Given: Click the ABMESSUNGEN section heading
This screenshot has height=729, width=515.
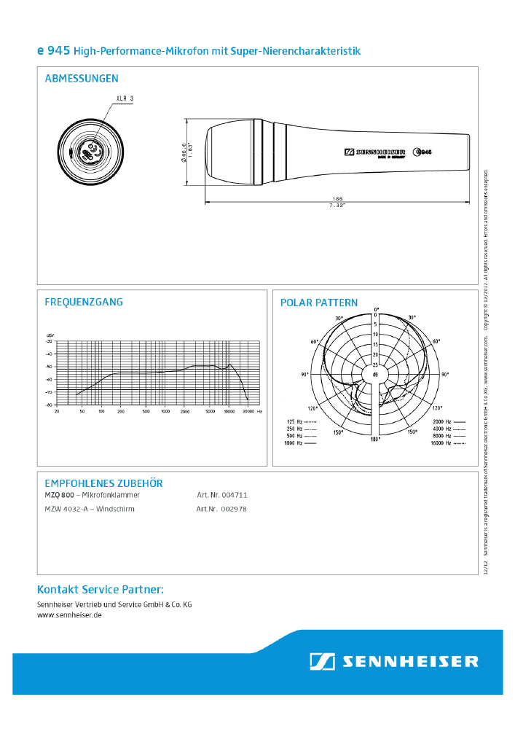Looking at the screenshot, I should click(x=82, y=79).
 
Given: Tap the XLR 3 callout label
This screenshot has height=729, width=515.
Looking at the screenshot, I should click(x=125, y=98).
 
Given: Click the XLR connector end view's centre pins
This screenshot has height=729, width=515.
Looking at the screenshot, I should click(x=90, y=152).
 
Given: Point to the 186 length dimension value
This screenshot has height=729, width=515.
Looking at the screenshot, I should click(x=337, y=198).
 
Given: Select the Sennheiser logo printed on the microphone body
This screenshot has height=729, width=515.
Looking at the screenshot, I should click(x=374, y=152).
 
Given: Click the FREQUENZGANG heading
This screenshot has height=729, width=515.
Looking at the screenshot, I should click(x=84, y=302).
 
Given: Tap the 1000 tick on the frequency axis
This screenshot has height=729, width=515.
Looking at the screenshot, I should click(x=165, y=411).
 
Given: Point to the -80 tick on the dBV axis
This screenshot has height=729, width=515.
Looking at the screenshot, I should click(x=49, y=405).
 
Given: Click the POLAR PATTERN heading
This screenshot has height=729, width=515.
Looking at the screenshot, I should click(x=319, y=303).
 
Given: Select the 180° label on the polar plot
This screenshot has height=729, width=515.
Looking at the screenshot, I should click(x=376, y=440).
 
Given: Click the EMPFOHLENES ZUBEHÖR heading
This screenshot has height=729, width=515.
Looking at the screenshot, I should click(x=103, y=483).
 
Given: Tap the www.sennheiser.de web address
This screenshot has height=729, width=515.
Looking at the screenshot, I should click(x=69, y=615).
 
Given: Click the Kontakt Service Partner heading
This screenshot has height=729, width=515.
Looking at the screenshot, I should click(x=101, y=589).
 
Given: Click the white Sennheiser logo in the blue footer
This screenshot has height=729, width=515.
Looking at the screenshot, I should click(x=394, y=661).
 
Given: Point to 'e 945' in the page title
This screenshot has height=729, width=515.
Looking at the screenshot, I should click(x=53, y=51).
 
